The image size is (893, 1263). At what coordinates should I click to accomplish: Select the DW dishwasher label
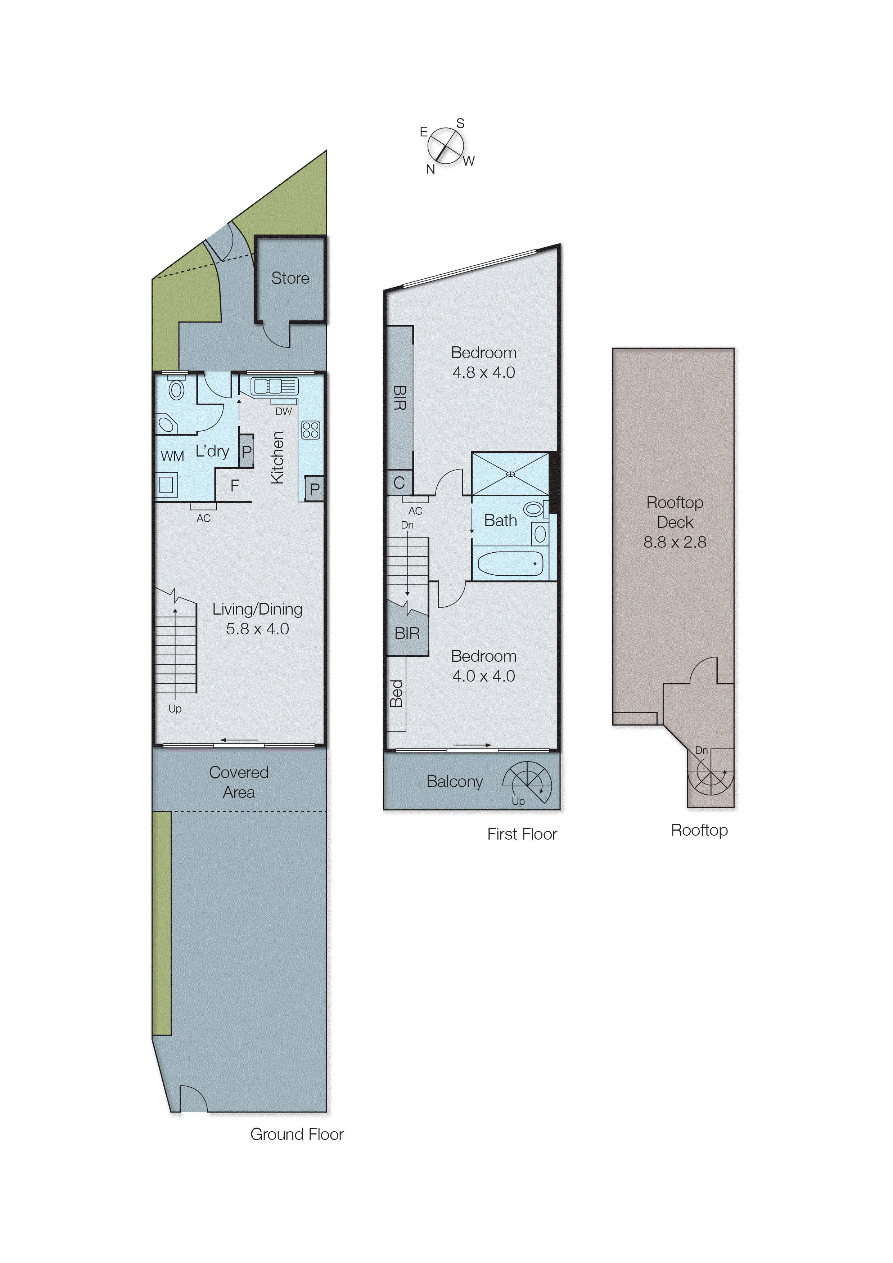[283, 412]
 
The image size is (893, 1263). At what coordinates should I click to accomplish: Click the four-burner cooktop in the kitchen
[311, 430]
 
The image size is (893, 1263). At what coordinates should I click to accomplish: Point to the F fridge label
[235, 486]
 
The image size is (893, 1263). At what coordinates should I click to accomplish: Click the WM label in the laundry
[172, 456]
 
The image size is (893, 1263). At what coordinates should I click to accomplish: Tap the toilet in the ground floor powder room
[176, 390]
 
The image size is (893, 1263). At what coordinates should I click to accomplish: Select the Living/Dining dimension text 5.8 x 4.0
[257, 629]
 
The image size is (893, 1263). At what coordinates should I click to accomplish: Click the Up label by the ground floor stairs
[175, 709]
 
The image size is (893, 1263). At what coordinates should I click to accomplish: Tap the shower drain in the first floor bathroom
[510, 474]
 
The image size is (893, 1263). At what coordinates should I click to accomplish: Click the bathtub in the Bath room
[510, 564]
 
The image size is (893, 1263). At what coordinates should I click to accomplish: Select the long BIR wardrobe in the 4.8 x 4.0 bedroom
[400, 397]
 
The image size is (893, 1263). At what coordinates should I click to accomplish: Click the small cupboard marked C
[399, 483]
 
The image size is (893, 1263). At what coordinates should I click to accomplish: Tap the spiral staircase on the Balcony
[527, 781]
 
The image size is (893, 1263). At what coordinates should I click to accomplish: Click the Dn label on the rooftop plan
[701, 750]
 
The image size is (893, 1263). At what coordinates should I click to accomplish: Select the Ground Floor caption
[297, 1134]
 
